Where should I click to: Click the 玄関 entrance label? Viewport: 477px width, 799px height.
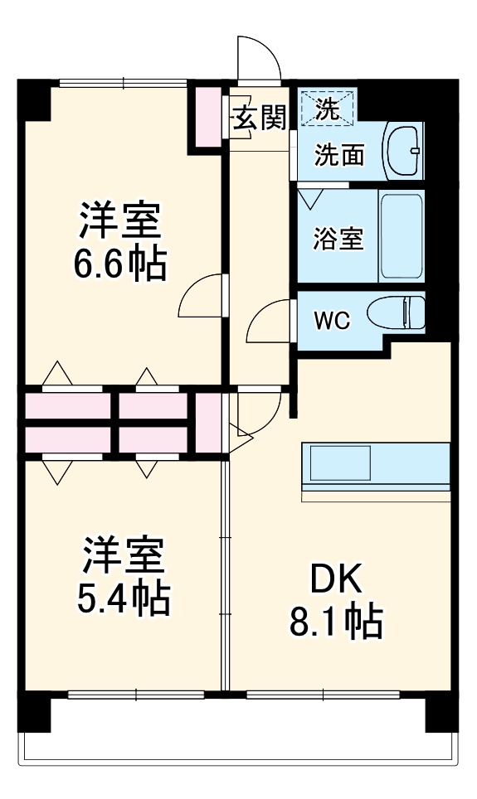[x=258, y=119]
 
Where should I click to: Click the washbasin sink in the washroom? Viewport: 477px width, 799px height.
[x=404, y=151]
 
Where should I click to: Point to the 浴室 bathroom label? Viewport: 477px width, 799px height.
[x=338, y=239]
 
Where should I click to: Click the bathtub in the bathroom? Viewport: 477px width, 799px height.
[x=402, y=236]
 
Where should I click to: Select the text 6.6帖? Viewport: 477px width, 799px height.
[x=120, y=265]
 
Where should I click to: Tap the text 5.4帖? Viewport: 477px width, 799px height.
[x=124, y=598]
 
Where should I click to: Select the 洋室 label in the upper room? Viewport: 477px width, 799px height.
[x=119, y=221]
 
